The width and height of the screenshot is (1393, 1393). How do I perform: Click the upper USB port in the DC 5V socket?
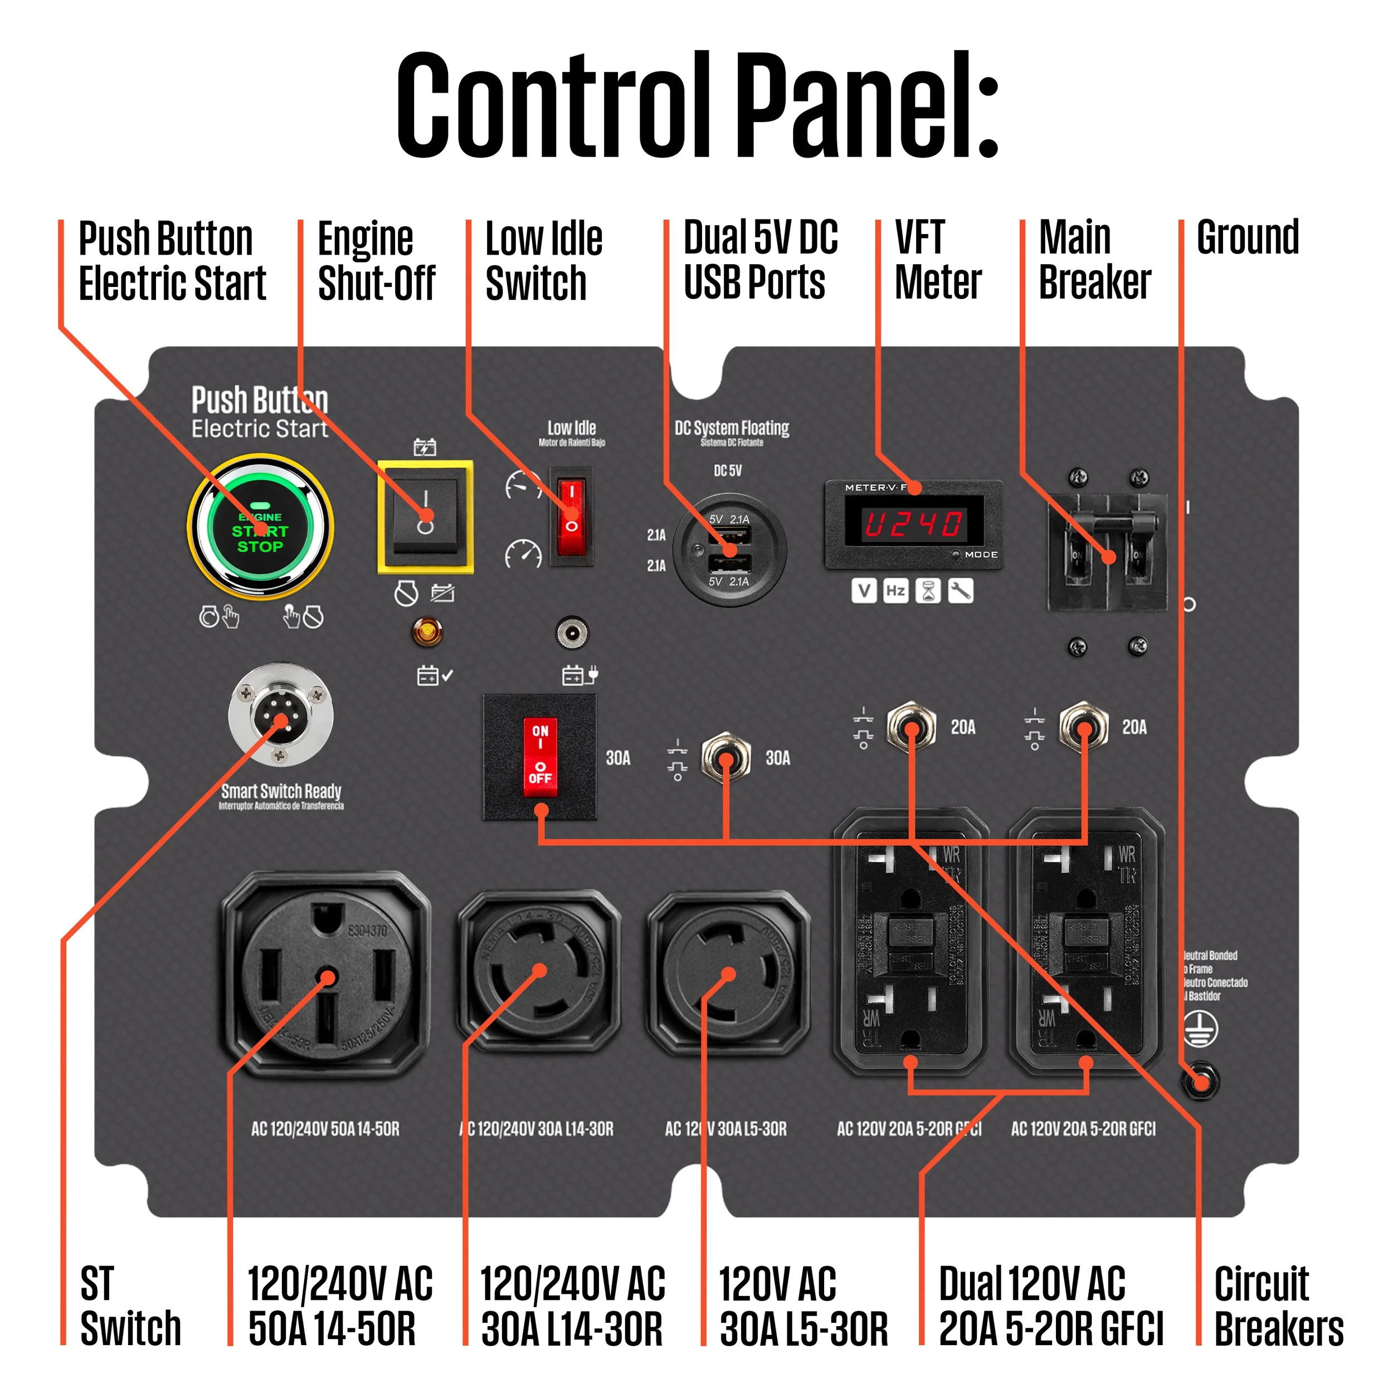(x=730, y=535)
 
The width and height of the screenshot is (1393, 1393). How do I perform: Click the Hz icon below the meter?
(x=895, y=591)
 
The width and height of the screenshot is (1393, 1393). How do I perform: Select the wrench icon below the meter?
(x=961, y=591)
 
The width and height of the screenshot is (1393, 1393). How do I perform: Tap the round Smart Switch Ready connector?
(x=280, y=714)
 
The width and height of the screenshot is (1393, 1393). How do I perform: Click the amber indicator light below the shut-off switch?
(x=427, y=632)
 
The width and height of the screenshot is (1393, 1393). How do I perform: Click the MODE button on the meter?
(x=956, y=554)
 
